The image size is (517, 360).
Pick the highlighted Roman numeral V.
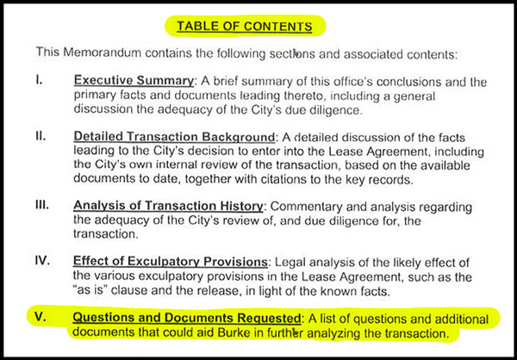click(x=40, y=316)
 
